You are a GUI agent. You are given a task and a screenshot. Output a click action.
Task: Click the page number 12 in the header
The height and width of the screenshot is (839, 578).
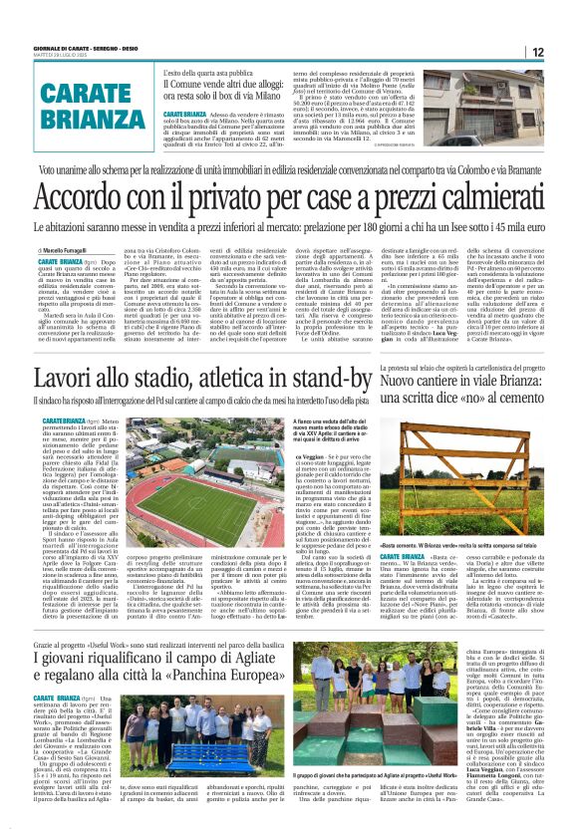click(538, 52)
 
